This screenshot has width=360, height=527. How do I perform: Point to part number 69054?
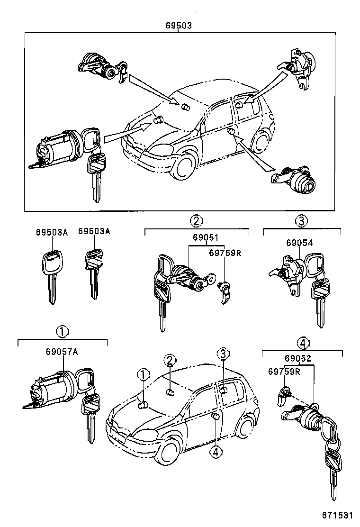[299, 243]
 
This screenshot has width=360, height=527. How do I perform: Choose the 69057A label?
[62, 352]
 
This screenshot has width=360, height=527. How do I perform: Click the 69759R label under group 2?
[225, 252]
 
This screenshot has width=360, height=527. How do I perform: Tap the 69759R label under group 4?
[284, 372]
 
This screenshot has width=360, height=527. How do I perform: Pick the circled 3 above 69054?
[302, 220]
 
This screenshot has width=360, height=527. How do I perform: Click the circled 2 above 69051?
[197, 220]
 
